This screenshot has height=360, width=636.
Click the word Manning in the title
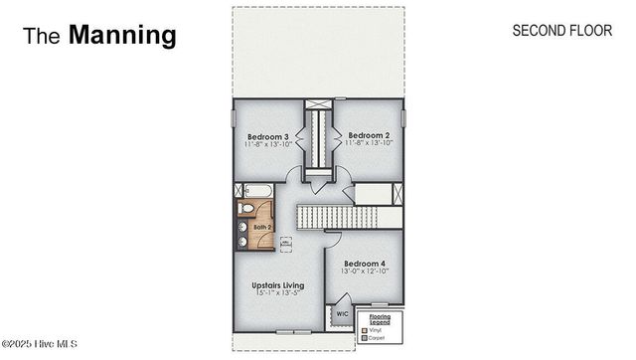[x=122, y=36]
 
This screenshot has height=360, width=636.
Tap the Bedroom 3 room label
[x=267, y=136]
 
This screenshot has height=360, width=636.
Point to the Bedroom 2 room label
[x=368, y=136]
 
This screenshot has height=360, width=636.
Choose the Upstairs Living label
[x=277, y=285]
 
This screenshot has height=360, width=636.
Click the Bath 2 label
[x=261, y=228]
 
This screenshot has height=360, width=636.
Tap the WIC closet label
[x=342, y=313]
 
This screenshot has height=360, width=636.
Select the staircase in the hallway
[x=338, y=215]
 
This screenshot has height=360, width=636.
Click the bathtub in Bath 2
[x=256, y=189]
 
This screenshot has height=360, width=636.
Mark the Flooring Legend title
[x=380, y=319]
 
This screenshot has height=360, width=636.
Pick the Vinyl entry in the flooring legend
[x=379, y=330]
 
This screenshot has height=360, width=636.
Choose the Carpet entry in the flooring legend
[x=379, y=338]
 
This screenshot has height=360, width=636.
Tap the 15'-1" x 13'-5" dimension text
[x=277, y=294]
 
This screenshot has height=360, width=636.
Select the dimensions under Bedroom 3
[x=267, y=145]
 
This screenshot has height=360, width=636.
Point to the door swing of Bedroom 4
[x=336, y=242]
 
